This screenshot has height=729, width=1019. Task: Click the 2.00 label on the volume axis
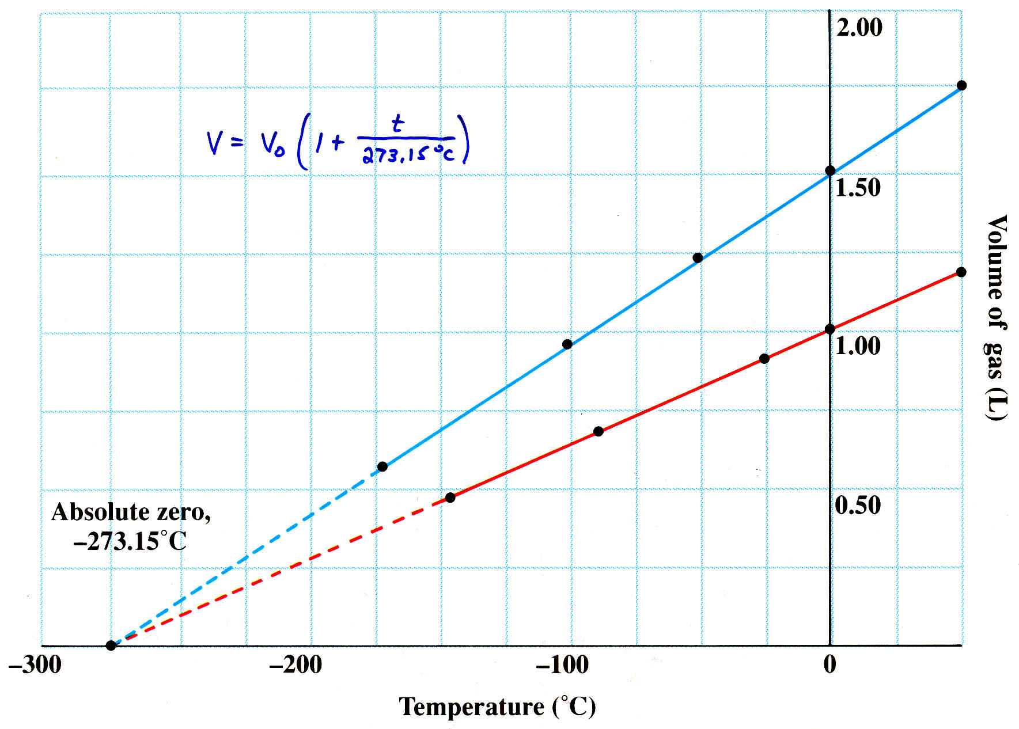pos(859,28)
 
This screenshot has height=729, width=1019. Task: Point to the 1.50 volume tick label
pos(858,188)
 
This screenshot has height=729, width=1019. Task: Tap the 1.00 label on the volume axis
pos(858,345)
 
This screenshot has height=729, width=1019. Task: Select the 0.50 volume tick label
pos(858,505)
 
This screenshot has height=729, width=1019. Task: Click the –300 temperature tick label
pos(35,665)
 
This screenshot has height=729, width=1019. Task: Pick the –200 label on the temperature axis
pos(295,665)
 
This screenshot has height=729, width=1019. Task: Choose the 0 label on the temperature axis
pos(829,665)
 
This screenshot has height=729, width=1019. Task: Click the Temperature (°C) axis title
pos(497,706)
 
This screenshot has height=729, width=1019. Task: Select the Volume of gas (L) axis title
pos(995,317)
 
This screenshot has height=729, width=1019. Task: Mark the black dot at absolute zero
pos(111,646)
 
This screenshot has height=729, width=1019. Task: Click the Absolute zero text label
pos(131,512)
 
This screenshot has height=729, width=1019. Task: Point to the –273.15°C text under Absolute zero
pos(130,541)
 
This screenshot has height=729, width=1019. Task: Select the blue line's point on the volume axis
pos(830,170)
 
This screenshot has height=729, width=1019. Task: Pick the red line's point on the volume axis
pos(830,329)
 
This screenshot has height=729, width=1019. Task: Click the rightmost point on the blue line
pos(961,86)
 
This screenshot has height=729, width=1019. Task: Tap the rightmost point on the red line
pos(961,272)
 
